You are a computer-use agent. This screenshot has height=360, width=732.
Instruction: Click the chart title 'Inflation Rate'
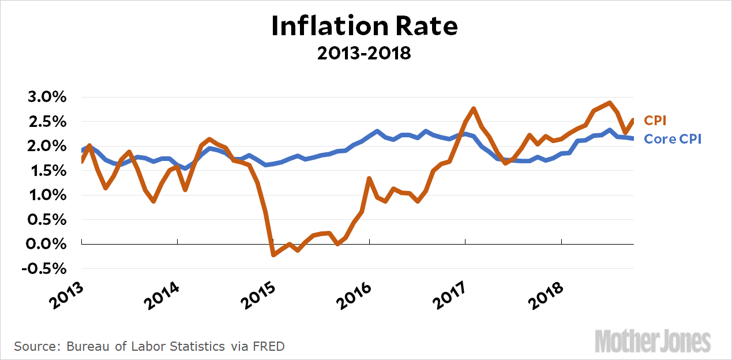365,26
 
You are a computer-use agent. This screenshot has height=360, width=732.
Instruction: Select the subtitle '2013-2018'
365,53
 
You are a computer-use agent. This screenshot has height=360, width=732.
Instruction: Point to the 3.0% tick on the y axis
47,97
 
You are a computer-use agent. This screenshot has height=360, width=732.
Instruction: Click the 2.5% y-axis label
47,122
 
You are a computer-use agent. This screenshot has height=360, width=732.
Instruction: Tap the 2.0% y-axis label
47,147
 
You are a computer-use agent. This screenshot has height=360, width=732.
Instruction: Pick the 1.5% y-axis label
47,171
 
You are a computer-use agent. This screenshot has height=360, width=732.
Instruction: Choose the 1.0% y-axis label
47,196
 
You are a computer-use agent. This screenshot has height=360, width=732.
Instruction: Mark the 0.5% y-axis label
47,220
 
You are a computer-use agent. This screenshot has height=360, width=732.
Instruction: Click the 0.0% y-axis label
47,245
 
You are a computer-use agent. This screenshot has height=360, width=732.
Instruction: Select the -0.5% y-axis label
45,269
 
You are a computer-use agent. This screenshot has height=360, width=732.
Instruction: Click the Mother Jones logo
652,340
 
